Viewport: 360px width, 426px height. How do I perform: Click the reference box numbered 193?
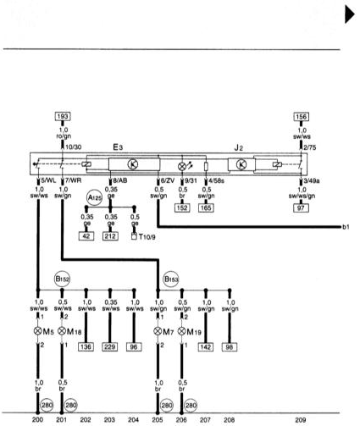pos(63,116)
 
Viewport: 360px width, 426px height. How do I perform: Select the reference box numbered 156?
pos(302,117)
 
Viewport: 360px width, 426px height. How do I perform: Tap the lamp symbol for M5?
pos(38,331)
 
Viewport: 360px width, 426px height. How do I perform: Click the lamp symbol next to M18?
pos(62,331)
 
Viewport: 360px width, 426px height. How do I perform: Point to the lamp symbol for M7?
pos(158,331)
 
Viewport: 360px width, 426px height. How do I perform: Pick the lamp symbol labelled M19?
pos(181,331)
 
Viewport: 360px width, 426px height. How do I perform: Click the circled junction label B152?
pos(62,279)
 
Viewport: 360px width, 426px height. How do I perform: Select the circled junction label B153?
pos(171,279)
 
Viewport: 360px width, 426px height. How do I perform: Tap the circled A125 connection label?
pos(95,198)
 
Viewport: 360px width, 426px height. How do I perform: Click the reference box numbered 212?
pos(110,236)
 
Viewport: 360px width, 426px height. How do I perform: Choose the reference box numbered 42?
pos(86,236)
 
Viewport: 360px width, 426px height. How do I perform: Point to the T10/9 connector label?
pos(147,236)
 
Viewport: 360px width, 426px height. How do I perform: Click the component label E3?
pos(118,147)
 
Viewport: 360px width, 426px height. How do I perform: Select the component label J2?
pos(239,147)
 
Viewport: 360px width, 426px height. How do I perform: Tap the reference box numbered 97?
pos(301,208)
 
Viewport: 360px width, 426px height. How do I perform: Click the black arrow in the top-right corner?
pos(350,14)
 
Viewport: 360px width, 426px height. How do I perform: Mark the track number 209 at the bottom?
pos(301,420)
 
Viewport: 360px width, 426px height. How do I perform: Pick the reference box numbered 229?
pos(110,347)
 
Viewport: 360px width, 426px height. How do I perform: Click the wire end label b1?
pos(346,227)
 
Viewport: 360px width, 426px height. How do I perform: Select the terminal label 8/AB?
pos(120,180)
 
